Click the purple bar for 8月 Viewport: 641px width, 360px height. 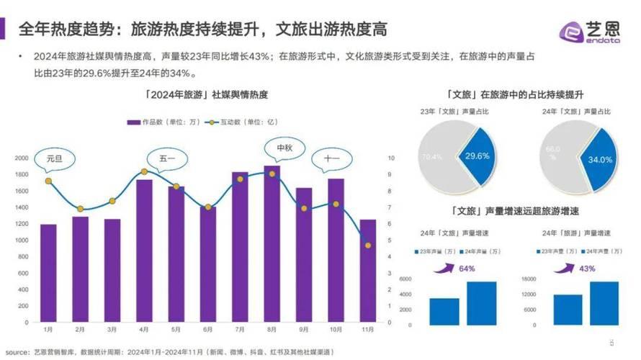272,245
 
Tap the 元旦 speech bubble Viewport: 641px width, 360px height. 54,158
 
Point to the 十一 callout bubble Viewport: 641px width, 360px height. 332,158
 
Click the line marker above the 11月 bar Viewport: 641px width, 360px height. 368,246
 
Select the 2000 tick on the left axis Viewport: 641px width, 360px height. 22,158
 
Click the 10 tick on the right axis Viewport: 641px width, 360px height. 391,158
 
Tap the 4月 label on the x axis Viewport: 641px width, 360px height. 144,329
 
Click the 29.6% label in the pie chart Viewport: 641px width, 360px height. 478,156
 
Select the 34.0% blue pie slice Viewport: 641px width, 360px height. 598,160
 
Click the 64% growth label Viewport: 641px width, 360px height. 466,269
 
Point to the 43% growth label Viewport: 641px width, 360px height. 587,269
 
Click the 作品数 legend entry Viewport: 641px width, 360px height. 155,122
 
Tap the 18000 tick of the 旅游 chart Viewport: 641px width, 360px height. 530,279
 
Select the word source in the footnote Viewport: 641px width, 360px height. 16,352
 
